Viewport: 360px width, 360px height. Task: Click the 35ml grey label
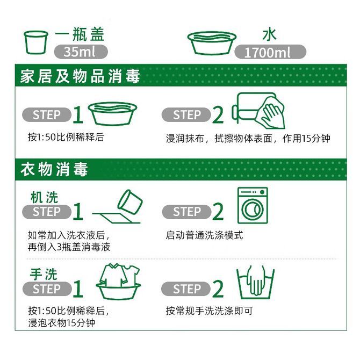81,52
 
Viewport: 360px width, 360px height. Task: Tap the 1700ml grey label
270,52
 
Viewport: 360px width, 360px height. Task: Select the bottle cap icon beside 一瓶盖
36,42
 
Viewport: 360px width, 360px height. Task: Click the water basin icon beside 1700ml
212,43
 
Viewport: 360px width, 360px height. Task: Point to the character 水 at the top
270,35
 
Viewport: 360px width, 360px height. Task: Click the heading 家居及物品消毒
80,76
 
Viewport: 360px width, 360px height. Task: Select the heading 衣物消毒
54,169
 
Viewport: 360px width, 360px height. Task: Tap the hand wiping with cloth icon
258,111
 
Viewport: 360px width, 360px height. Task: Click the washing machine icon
253,205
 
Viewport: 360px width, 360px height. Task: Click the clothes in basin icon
118,282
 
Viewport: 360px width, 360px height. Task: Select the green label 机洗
44,197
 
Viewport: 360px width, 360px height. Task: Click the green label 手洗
44,274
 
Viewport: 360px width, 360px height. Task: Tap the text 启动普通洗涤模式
204,235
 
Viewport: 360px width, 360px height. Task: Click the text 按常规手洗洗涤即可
210,311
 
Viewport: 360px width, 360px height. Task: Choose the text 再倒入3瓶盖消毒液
69,247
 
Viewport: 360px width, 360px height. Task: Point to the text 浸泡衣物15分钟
62,323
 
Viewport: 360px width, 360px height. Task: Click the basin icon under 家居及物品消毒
112,114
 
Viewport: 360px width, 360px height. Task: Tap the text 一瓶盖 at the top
80,34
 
